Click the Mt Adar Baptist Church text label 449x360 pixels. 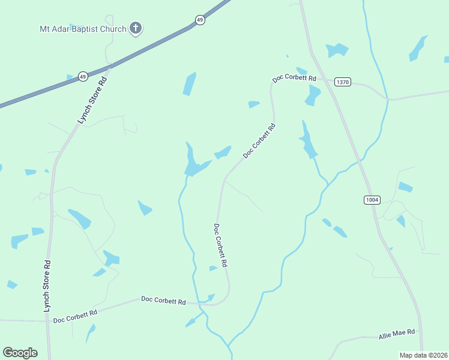coord(83,29)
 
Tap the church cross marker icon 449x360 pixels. coord(136,28)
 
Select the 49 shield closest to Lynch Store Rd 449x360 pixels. coord(83,76)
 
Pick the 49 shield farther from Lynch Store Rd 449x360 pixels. coord(200,20)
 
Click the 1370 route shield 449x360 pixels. coord(342,82)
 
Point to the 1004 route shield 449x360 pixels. coord(372,199)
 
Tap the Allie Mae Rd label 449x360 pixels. coord(397,332)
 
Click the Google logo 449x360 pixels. coord(20,353)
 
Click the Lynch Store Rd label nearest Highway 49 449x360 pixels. coord(92,100)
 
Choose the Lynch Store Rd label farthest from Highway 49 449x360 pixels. coord(47,286)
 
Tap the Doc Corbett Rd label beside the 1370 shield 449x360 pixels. coord(294,79)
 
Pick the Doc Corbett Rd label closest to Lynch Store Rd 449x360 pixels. coord(75,316)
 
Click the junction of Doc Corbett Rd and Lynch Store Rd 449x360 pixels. coord(47,321)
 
